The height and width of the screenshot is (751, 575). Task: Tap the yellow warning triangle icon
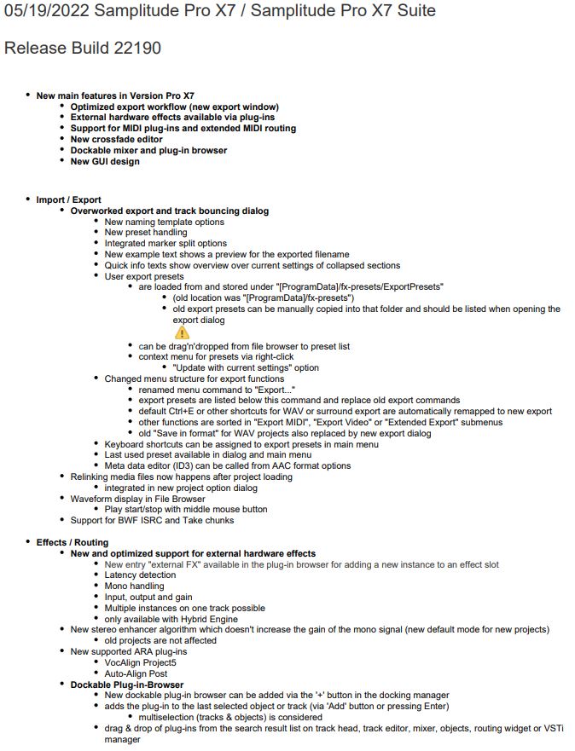181,333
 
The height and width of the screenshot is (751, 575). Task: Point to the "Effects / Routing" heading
73,542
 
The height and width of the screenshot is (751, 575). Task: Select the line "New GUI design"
105,162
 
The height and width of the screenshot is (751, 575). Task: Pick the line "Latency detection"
140,575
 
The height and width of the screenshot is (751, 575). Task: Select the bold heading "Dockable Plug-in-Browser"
126,685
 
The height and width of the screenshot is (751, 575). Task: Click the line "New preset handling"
146,233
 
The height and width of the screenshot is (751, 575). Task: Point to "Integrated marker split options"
166,244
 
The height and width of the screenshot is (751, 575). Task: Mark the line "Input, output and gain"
149,598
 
